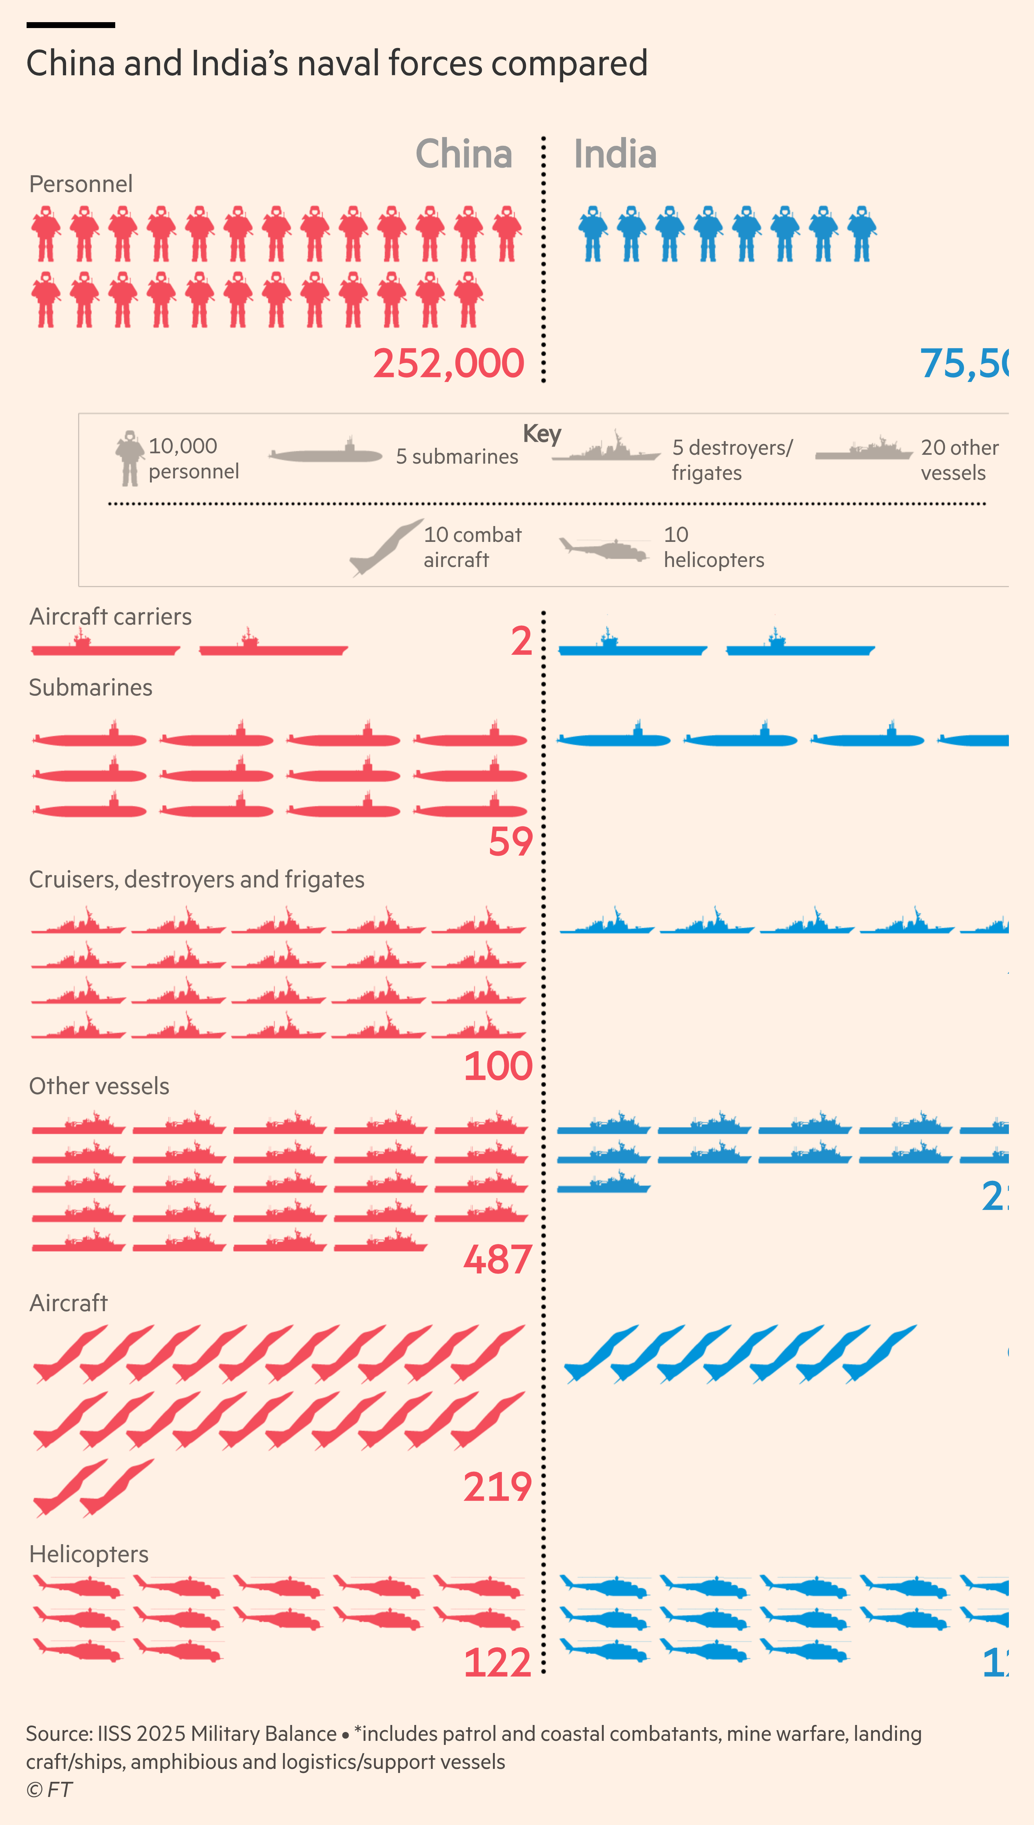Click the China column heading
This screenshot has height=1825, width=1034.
pos(464,154)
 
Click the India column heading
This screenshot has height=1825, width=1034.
pos(615,154)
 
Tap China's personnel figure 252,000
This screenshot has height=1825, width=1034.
pos(449,364)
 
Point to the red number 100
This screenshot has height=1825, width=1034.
pos(498,1066)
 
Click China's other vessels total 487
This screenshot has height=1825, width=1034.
pos(498,1260)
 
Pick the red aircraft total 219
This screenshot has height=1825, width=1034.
pos(498,1487)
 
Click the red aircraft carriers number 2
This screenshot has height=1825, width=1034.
pos(521,641)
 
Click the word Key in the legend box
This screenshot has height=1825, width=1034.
pos(542,433)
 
